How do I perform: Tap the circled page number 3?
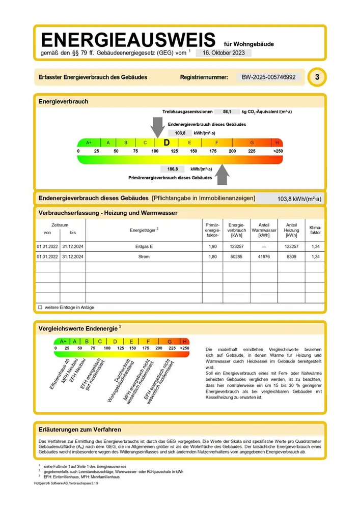(317, 77)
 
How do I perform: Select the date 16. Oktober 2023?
(224, 52)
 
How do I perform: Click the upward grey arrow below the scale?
(222, 174)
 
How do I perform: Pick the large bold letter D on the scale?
(167, 143)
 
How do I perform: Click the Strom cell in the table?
(144, 257)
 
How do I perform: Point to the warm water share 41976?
(264, 257)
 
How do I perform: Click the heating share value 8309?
(291, 257)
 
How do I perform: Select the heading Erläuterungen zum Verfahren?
(80, 430)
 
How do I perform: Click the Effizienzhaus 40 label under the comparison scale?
(59, 373)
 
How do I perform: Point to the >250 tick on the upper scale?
(278, 152)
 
